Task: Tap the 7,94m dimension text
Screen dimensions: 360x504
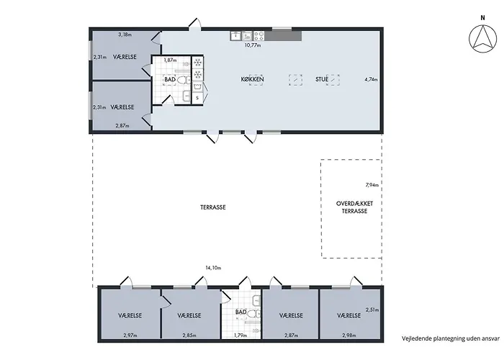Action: pyautogui.click(x=372, y=185)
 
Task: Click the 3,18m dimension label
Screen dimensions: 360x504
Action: pyautogui.click(x=125, y=34)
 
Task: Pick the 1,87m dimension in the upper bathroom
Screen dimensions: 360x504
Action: pyautogui.click(x=170, y=60)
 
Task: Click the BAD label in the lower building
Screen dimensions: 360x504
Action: pyautogui.click(x=241, y=312)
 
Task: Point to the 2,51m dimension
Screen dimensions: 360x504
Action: pyautogui.click(x=372, y=310)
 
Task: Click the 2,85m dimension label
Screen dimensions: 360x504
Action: pyautogui.click(x=189, y=335)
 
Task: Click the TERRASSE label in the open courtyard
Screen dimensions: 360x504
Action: pyautogui.click(x=213, y=207)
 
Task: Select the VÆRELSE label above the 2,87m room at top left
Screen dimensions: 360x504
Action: pyautogui.click(x=124, y=107)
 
